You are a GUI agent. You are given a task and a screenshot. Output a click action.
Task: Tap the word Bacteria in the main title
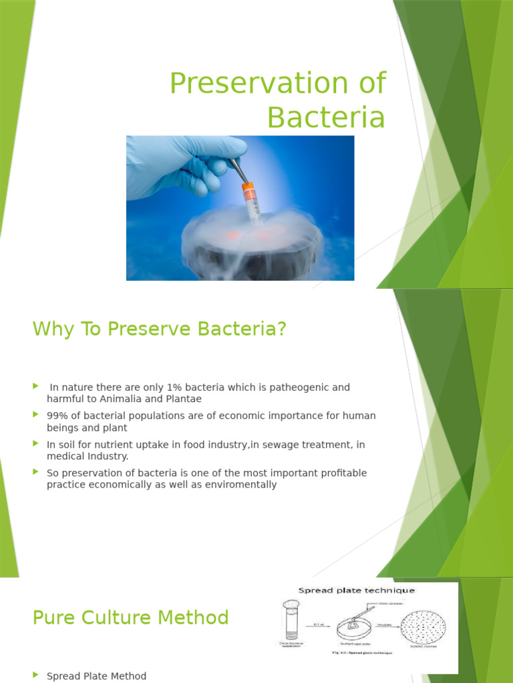coord(326,118)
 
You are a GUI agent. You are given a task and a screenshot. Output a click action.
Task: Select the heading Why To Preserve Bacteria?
coord(159,329)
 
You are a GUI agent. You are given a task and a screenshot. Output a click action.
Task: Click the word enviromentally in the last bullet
coord(243,484)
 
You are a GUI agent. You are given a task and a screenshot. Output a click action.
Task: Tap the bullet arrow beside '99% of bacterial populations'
coord(36,415)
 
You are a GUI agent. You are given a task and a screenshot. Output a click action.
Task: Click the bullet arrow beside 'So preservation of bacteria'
coord(36,472)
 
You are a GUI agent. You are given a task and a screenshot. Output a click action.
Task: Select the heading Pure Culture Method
coord(130,618)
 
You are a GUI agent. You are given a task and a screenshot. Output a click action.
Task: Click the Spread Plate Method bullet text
coord(96,676)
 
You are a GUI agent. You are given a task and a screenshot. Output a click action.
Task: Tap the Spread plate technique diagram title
coord(356,590)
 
